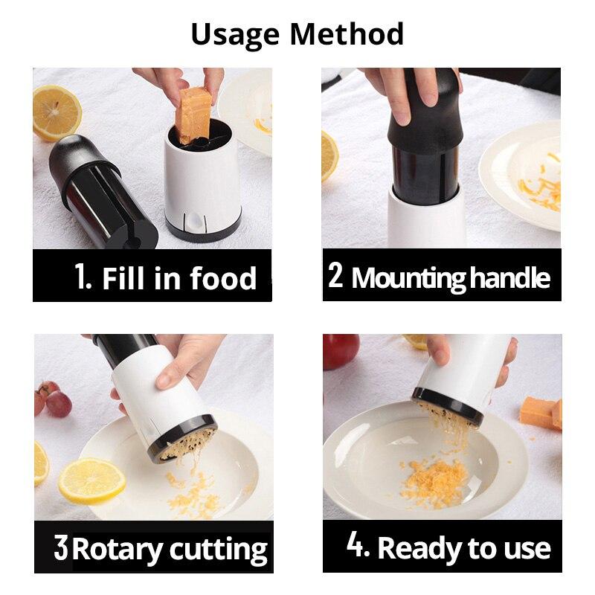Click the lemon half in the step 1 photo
tap(56, 112)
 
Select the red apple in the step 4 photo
tap(340, 350)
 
